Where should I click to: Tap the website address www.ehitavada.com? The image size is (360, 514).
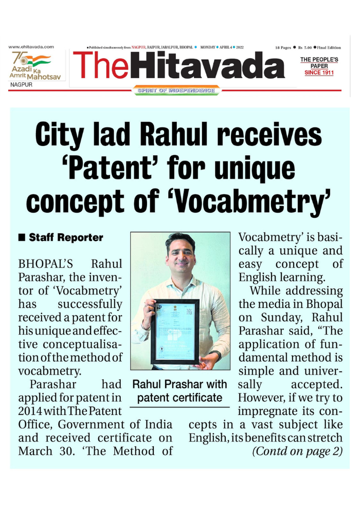point(31,47)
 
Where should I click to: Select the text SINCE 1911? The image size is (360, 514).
point(319,73)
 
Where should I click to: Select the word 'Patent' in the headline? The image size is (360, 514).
point(118,169)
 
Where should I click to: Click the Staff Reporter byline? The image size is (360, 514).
point(66,238)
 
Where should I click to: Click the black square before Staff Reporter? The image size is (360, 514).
point(22,238)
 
